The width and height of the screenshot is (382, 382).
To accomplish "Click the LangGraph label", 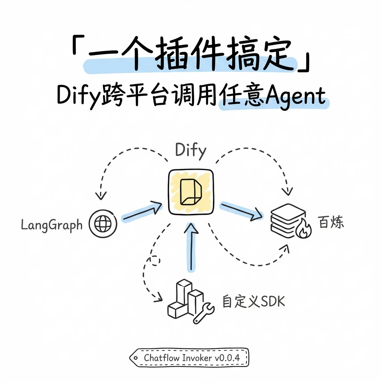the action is tap(51, 225).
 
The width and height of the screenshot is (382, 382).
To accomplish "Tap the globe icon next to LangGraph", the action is tap(103, 224).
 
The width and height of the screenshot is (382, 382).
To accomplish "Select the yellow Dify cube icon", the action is tap(191, 192).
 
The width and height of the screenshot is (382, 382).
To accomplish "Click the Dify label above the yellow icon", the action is tap(191, 150).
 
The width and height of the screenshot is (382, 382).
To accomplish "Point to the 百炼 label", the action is tap(331, 222).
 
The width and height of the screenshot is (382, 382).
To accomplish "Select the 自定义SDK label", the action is tap(253, 301).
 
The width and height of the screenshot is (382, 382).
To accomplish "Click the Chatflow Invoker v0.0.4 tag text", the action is tap(192, 358).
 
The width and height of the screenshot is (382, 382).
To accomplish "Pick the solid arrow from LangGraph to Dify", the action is tap(142, 211).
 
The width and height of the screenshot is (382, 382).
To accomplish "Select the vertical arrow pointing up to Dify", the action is tap(191, 247).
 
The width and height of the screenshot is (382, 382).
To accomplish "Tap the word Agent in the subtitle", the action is tap(295, 97).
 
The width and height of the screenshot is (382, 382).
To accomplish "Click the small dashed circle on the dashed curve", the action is tap(155, 261).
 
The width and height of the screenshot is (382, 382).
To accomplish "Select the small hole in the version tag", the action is tap(135, 358).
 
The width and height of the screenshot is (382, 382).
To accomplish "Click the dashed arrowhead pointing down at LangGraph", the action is tap(101, 195).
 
